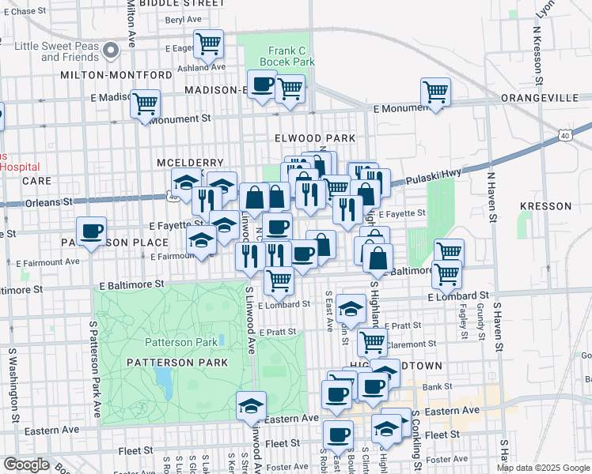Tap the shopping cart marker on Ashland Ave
pyautogui.click(x=208, y=44)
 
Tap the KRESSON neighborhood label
pyautogui.click(x=545, y=206)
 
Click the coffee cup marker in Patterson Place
pyautogui.click(x=92, y=231)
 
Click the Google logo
pyautogui.click(x=26, y=465)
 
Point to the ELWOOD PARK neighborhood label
pyautogui.click(x=314, y=137)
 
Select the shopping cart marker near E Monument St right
pyautogui.click(x=435, y=92)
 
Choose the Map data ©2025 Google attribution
pyautogui.click(x=544, y=468)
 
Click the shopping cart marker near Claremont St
pyautogui.click(x=372, y=343)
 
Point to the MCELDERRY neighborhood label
pyautogui.click(x=180, y=162)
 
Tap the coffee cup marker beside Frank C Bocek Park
pyautogui.click(x=262, y=84)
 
